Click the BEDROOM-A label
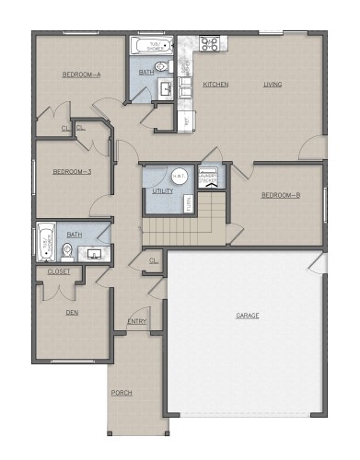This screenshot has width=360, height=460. pyautogui.click(x=81, y=75)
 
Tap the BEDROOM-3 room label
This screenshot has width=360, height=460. pyautogui.click(x=72, y=172)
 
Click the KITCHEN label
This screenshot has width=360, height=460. pyautogui.click(x=215, y=85)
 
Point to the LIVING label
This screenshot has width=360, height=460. pyautogui.click(x=273, y=85)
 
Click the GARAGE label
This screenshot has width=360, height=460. pyautogui.click(x=247, y=316)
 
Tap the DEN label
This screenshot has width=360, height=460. pyautogui.click(x=72, y=312)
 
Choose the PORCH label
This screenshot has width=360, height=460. pyautogui.click(x=122, y=393)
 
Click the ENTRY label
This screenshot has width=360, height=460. pyautogui.click(x=136, y=321)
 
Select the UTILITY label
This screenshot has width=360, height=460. pyautogui.click(x=163, y=191)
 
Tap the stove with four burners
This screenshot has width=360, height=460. pyautogui.click(x=209, y=42)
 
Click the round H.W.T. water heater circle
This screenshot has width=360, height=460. pyautogui.click(x=179, y=176)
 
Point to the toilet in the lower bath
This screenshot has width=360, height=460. pyautogui.click(x=67, y=249)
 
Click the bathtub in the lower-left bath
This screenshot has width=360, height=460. pyautogui.click(x=45, y=242)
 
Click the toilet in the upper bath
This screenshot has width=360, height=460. pyautogui.click(x=161, y=66)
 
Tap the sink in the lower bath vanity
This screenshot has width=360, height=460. pyautogui.click(x=94, y=253)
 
